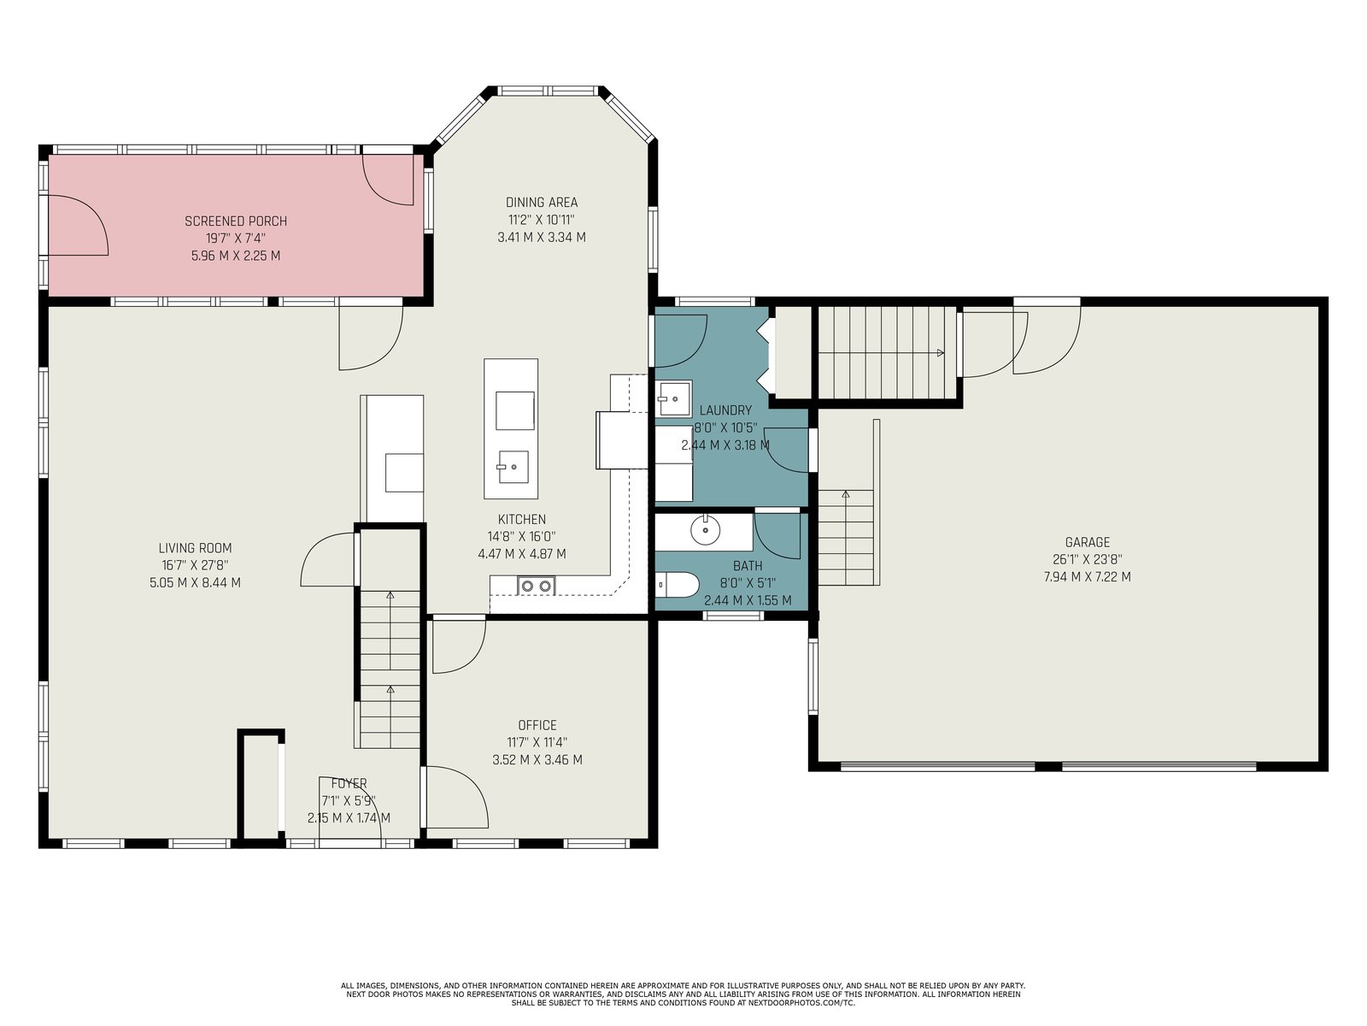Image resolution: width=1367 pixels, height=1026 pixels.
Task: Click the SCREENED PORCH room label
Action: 236,221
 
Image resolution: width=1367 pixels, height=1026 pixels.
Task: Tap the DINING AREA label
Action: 541,203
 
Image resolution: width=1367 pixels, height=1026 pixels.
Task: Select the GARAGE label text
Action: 1087,543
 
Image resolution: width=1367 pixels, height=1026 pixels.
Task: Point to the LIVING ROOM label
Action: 195,548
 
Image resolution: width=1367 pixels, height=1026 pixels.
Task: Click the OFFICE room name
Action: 537,725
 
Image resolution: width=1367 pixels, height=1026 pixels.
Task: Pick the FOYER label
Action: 349,783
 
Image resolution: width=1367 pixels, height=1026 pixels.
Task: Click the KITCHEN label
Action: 521,520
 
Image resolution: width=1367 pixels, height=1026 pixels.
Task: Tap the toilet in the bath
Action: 675,586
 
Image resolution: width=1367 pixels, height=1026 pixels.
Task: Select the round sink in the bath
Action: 705,530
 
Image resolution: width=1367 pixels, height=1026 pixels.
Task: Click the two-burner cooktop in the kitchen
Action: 536,586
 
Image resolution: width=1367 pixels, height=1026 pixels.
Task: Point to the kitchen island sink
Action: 513,467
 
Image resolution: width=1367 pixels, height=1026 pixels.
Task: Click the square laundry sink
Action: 674,398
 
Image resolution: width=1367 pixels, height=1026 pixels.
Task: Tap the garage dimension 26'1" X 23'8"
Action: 1087,559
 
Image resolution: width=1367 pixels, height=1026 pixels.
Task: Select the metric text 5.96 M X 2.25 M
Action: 236,256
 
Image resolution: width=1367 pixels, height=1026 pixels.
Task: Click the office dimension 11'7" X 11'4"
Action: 537,742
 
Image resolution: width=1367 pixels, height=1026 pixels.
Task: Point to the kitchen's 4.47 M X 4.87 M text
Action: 521,554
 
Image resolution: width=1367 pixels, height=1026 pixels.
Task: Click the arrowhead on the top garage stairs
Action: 941,353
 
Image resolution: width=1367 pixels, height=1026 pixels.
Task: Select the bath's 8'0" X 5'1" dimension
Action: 748,584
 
